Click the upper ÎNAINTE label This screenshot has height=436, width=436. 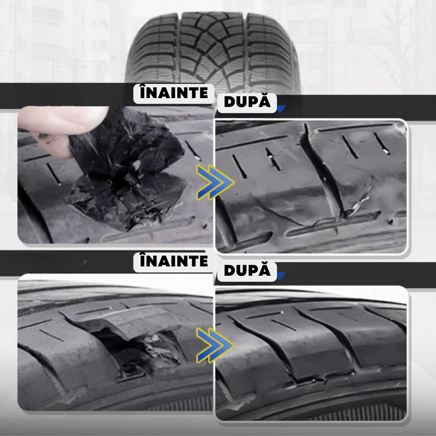(174, 93)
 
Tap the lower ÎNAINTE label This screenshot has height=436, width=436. (174, 262)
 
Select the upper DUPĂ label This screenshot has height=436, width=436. (247, 103)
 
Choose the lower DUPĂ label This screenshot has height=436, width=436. (247, 271)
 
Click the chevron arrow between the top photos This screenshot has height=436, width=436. (215, 182)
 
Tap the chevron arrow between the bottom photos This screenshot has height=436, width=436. (215, 345)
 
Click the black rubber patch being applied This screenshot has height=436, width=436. (125, 178)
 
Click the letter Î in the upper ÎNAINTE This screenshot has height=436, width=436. (143, 92)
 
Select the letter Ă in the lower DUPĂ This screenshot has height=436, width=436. (264, 270)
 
